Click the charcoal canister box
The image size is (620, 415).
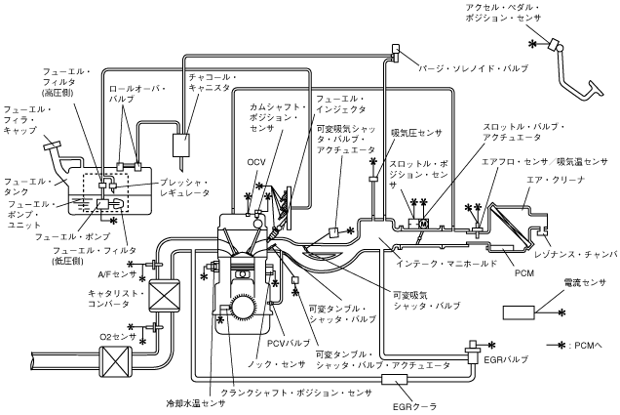pyautogui.click(x=179, y=145)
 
